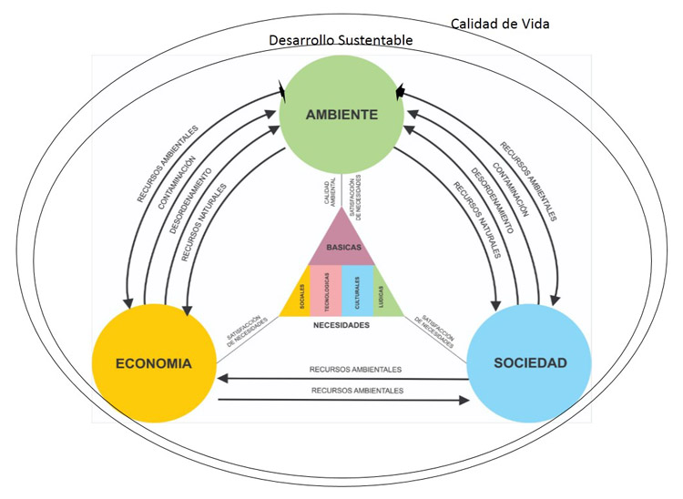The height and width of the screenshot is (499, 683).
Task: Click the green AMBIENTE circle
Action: point(341,113)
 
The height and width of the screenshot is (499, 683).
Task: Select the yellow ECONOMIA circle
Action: point(154,362)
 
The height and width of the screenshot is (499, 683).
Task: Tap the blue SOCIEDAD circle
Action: point(529,362)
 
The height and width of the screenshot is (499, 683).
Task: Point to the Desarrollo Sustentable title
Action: point(341,41)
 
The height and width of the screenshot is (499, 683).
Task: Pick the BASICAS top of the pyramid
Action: point(341,247)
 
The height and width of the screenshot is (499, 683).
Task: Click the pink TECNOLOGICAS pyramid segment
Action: point(325,291)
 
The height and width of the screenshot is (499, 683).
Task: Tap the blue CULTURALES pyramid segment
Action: point(357,291)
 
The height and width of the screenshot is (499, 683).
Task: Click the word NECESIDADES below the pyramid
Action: point(341,324)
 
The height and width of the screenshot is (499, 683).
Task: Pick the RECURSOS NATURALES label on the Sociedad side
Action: point(478,222)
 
